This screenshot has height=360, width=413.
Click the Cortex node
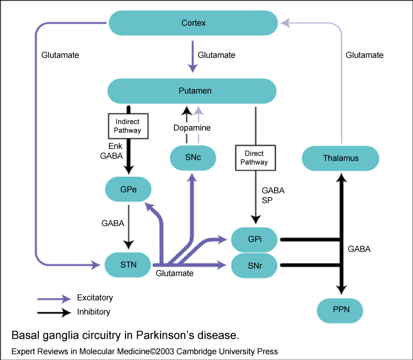pyautogui.click(x=194, y=23)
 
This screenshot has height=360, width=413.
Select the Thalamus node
pyautogui.click(x=340, y=158)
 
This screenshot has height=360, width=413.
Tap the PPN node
pyautogui.click(x=340, y=310)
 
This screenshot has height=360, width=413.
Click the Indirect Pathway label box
pyautogui.click(x=127, y=126)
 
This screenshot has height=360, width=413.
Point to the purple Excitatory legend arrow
pyautogui.click(x=54, y=298)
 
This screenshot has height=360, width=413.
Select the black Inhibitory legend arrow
pyautogui.click(x=54, y=312)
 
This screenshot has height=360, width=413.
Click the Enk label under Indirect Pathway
pyautogui.click(x=115, y=147)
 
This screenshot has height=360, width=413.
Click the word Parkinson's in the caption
pyautogui.click(x=168, y=335)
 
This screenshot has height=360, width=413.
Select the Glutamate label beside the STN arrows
pyautogui.click(x=174, y=273)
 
